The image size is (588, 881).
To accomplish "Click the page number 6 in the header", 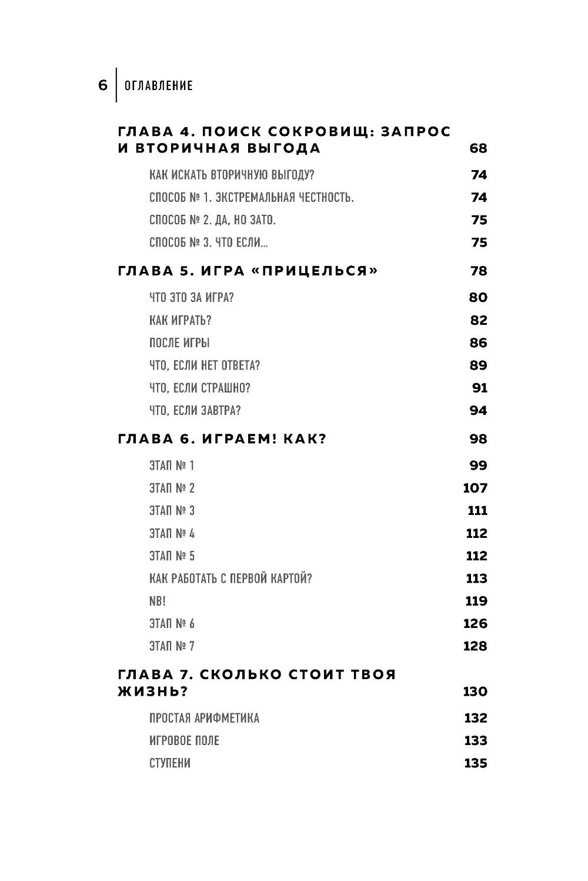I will click(103, 86).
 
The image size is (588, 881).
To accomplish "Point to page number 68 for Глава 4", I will click(478, 148).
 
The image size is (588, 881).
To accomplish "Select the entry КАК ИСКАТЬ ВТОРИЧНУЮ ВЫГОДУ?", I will click(236, 175).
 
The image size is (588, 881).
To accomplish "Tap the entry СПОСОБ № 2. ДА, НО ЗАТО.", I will click(212, 220).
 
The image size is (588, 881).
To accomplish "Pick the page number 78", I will click(479, 271).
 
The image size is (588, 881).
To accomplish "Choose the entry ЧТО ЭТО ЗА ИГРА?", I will click(192, 297).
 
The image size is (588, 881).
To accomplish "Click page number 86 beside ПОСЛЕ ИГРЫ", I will click(479, 343).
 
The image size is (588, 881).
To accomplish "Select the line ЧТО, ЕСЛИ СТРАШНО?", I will click(200, 388).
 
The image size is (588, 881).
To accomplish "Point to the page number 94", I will click(479, 410).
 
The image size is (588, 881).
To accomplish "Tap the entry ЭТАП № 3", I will click(172, 511).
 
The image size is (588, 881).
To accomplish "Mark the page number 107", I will click(475, 488).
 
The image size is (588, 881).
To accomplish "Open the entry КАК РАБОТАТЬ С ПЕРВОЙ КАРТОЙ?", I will click(230, 579).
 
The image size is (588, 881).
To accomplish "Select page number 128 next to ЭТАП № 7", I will click(475, 646).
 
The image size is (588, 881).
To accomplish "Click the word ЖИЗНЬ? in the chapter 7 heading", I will click(153, 691).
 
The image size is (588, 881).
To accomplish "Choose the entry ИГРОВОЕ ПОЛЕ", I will click(184, 740).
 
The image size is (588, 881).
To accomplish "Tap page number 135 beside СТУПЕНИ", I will click(476, 763).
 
